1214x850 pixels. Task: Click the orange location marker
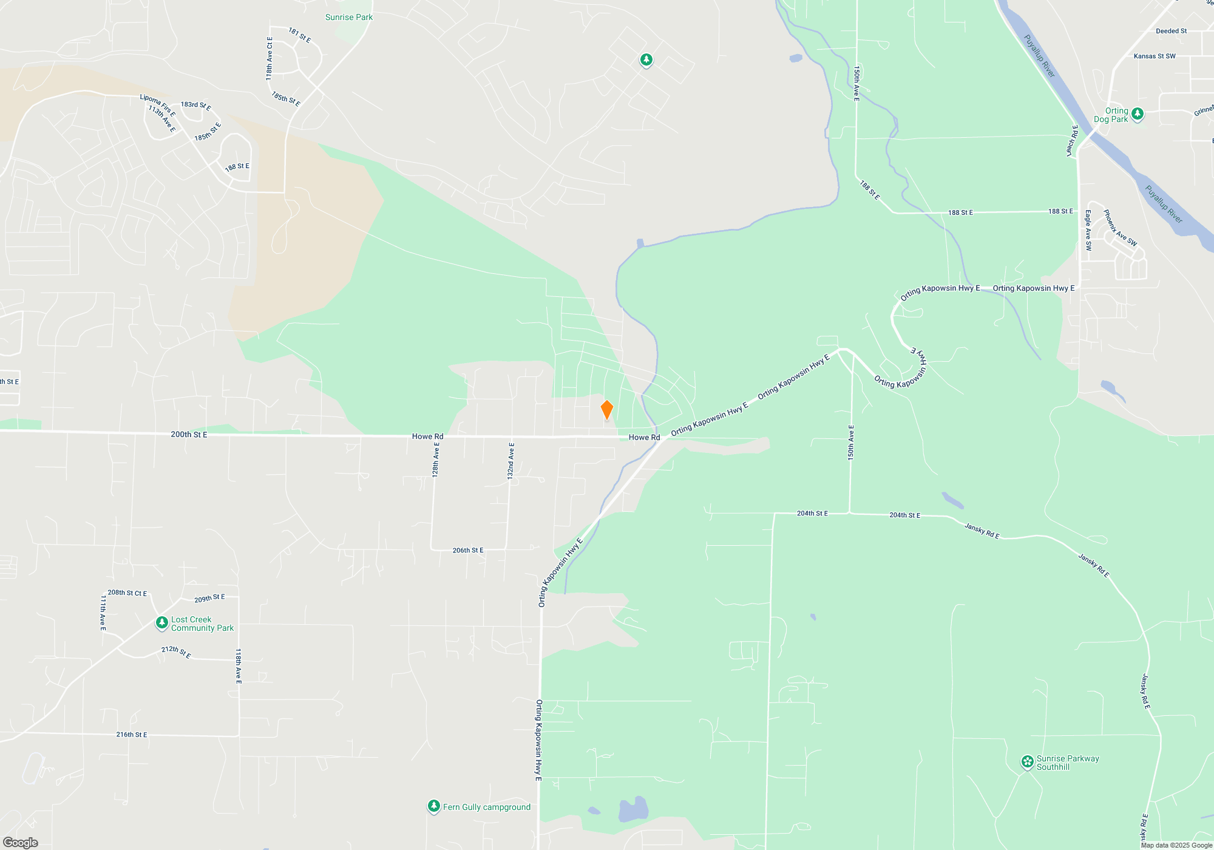point(606,410)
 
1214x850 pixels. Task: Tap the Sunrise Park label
point(349,17)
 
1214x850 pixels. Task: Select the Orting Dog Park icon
point(1138,114)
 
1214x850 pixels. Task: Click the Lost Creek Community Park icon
point(162,623)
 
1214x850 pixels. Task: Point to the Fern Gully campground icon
point(433,806)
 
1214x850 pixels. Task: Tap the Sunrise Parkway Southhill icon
point(1027,762)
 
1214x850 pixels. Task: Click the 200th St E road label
point(189,435)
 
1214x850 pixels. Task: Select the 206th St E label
point(468,551)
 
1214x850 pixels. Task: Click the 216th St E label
point(132,735)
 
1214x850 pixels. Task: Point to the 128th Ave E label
point(436,460)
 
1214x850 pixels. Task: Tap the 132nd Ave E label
point(511,461)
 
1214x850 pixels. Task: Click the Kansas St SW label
point(1155,56)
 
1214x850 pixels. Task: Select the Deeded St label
point(1171,31)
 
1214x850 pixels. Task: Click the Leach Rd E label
point(1072,141)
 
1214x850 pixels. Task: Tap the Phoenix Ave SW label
point(1120,228)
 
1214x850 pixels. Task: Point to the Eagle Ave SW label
point(1088,230)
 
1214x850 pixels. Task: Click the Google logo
point(20,843)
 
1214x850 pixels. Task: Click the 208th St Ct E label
point(127,593)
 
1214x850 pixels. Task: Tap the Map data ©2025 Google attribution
point(1176,845)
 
